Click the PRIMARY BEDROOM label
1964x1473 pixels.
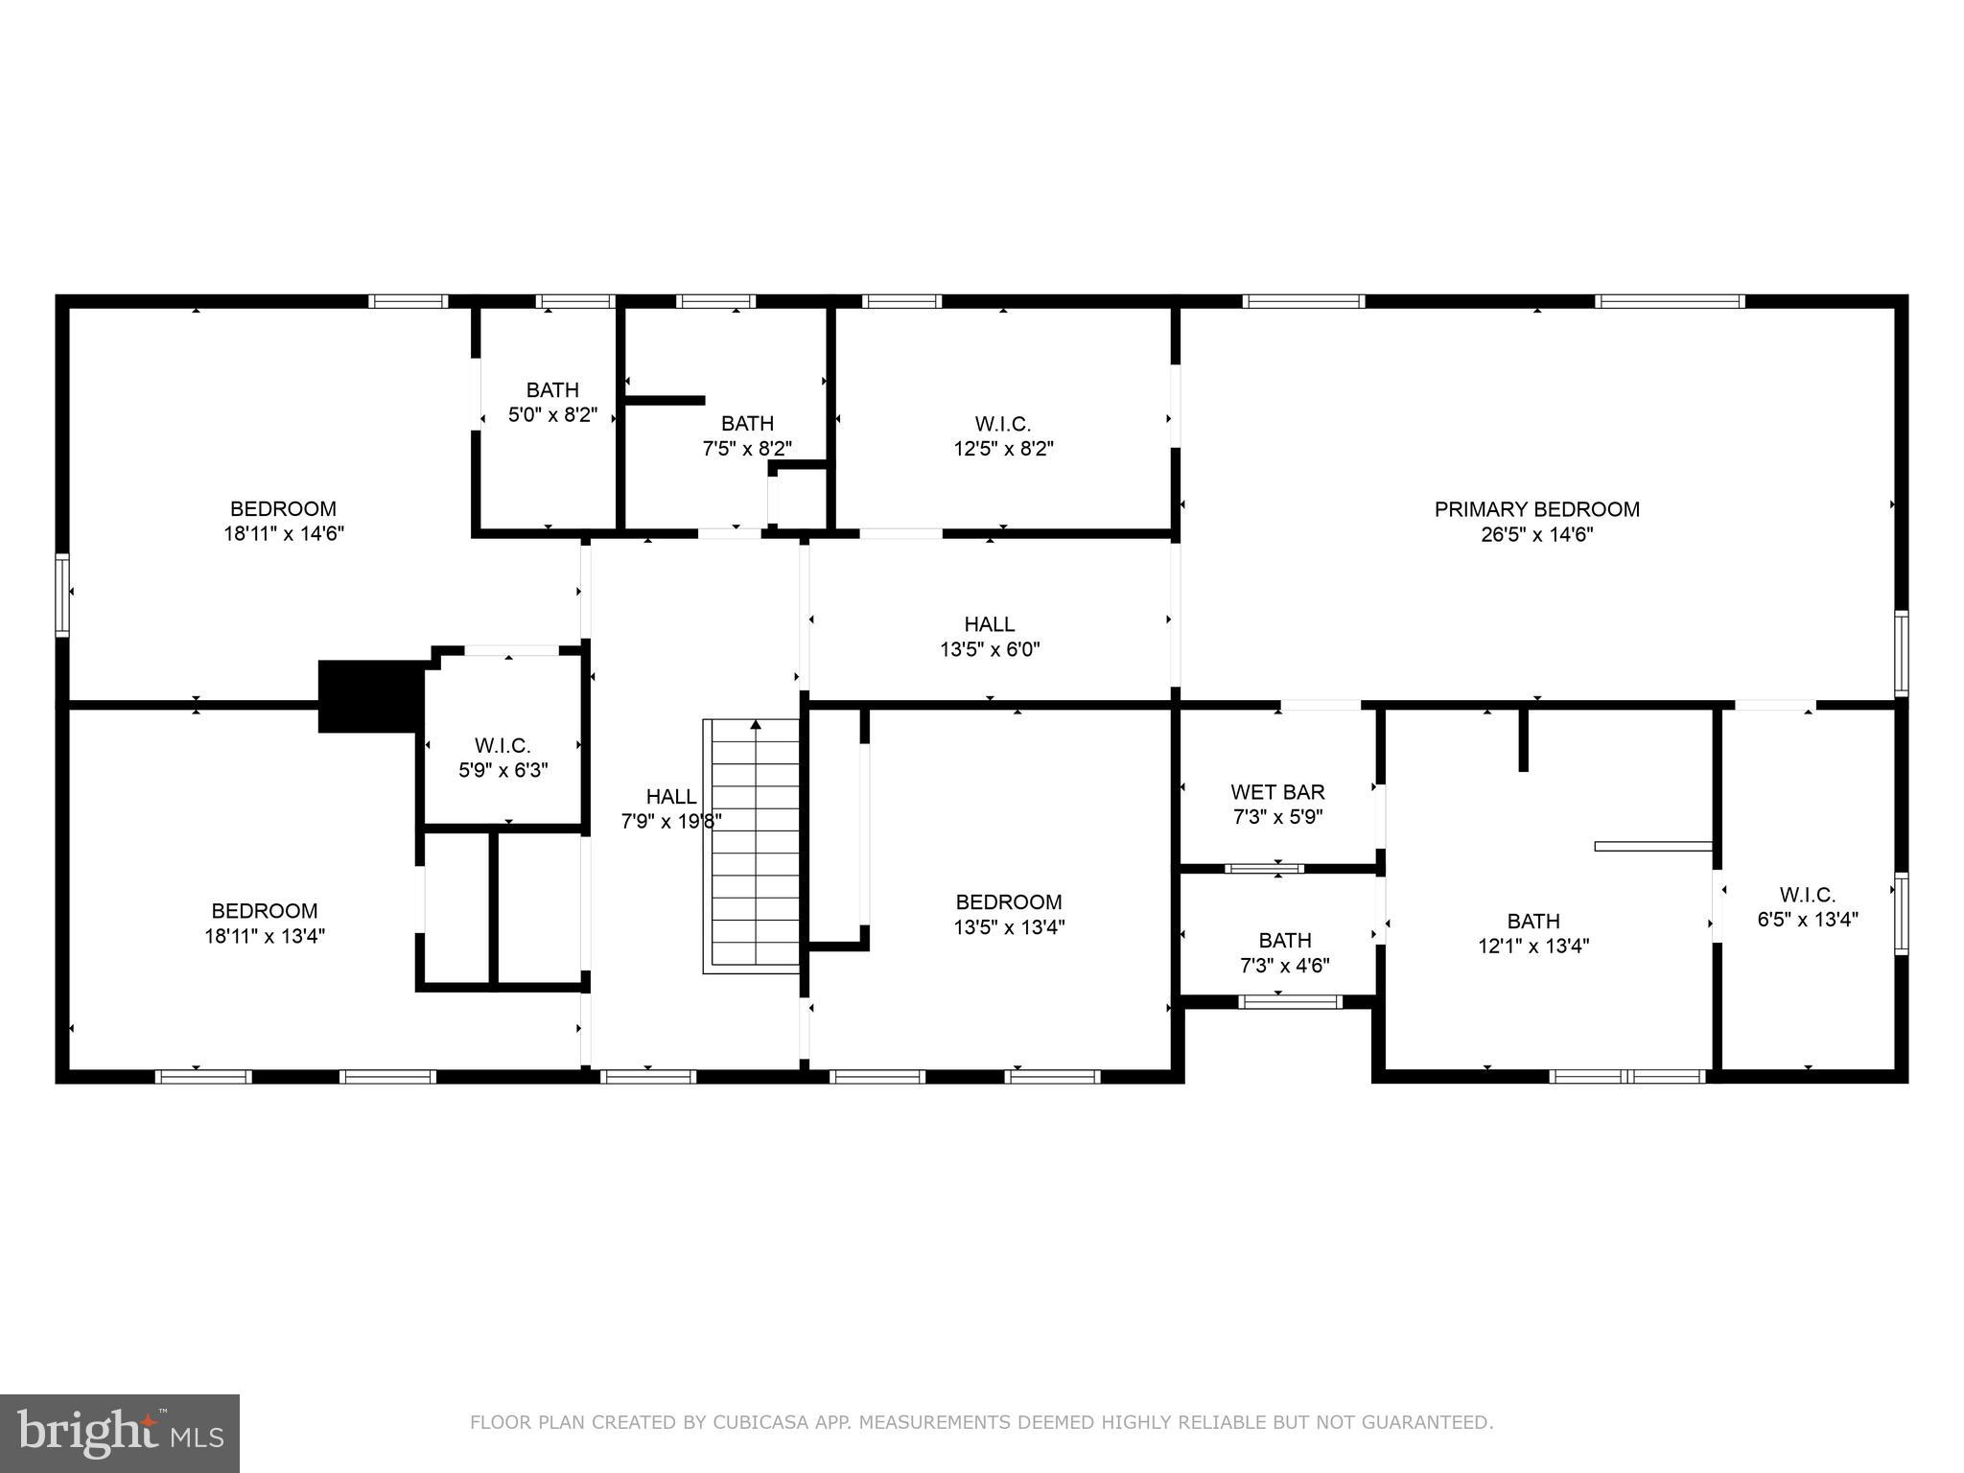click(1536, 509)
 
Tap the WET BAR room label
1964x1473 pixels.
click(1277, 792)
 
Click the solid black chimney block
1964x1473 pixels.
click(369, 695)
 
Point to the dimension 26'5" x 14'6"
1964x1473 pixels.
click(1536, 535)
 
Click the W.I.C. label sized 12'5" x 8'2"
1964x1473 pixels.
click(1003, 424)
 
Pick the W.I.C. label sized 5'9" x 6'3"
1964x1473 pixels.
click(502, 745)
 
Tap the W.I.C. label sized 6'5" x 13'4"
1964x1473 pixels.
click(1807, 895)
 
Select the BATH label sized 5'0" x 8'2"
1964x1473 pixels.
click(552, 390)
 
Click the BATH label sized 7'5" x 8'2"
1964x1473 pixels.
click(747, 424)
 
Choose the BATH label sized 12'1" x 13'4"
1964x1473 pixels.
click(1532, 922)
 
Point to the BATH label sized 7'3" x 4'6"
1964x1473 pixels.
click(1284, 941)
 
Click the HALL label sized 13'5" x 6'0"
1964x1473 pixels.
click(990, 624)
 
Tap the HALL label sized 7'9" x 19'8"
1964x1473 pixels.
click(671, 796)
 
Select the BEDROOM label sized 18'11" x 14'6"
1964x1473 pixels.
click(283, 509)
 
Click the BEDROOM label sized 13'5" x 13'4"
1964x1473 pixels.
click(1008, 902)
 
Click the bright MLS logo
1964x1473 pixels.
click(120, 1433)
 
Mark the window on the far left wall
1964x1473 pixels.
click(62, 594)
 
